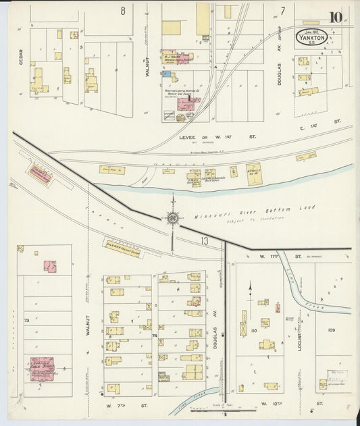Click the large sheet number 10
(335, 18)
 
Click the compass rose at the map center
(173, 217)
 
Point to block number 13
(204, 240)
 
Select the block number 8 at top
(123, 10)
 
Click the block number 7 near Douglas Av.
(283, 10)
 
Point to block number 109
(331, 329)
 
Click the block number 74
(155, 335)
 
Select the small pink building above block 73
(49, 266)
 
